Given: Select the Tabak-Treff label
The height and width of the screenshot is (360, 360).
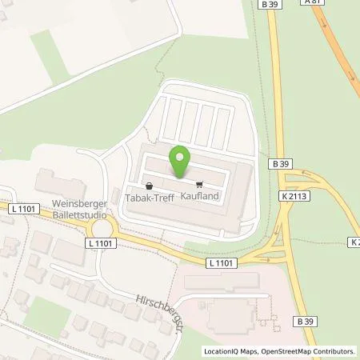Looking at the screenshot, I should pos(148,194).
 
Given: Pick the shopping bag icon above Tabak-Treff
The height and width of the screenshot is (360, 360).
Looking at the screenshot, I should pos(139,182).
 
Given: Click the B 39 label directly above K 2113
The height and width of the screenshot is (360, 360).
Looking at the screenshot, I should pos(280,164).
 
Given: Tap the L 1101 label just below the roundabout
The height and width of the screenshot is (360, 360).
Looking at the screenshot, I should pos(101,242).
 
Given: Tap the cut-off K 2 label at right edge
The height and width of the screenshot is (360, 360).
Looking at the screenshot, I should pos(354,242).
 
